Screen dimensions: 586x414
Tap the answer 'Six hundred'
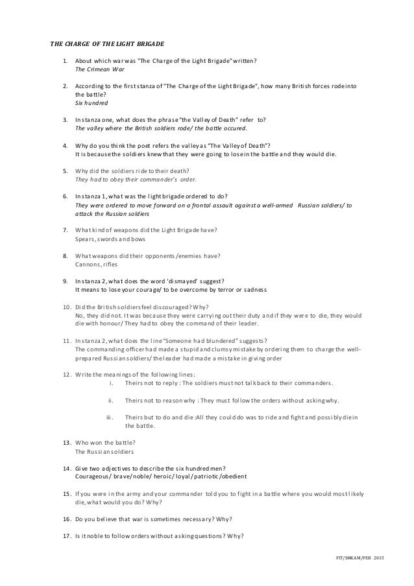click(91, 103)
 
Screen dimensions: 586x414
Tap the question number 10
click(67, 307)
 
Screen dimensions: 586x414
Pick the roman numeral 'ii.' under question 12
click(110, 400)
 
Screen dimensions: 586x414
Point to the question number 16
click(67, 519)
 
